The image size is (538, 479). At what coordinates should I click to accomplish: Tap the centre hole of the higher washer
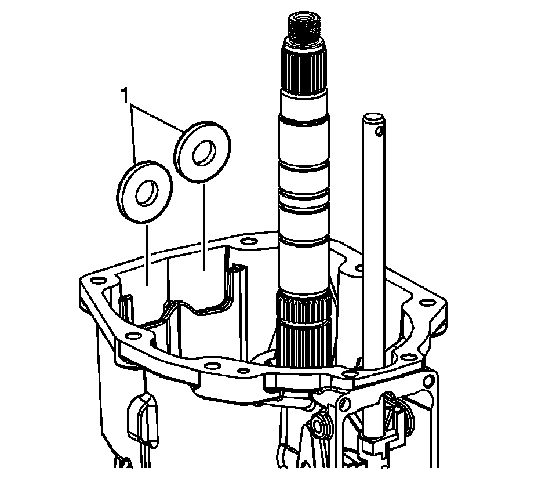click(x=205, y=153)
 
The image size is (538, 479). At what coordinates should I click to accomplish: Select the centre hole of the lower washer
click(x=147, y=193)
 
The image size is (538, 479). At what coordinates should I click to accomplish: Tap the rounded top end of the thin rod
click(x=373, y=117)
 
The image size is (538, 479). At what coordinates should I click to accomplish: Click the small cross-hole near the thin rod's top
click(x=379, y=131)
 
